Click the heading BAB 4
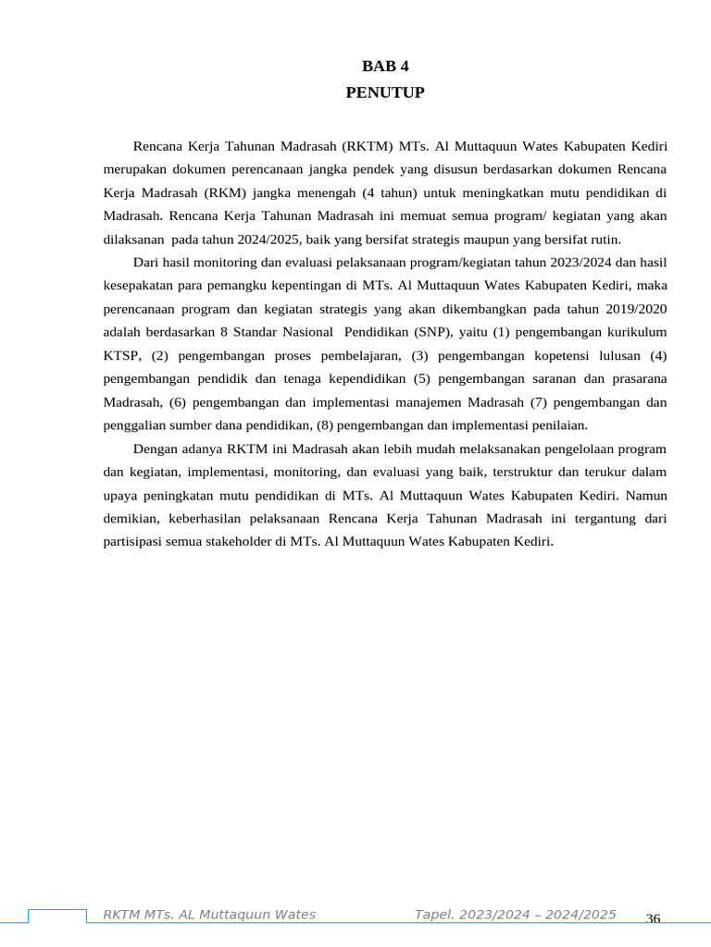(x=384, y=67)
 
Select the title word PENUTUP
(x=384, y=92)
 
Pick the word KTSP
(x=120, y=355)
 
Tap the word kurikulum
(x=636, y=331)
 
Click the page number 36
(x=653, y=919)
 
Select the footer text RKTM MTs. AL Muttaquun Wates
(x=208, y=915)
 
